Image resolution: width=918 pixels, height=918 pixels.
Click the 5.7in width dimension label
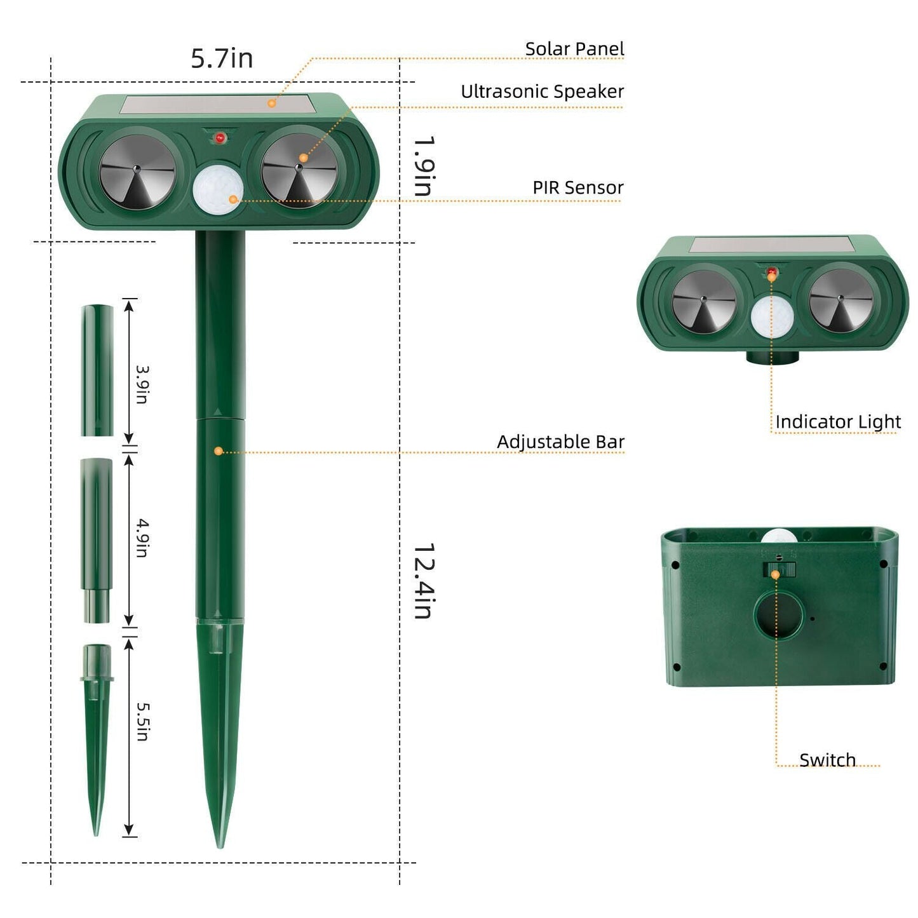222,58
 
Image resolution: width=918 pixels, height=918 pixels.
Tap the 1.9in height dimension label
424,166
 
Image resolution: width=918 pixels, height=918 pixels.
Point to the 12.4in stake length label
424,581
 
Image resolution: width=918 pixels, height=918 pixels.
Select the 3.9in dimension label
142,384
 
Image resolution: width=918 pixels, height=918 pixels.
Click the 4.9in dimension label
142,538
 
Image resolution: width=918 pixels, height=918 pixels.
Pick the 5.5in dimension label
142,722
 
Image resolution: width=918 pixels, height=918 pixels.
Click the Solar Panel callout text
574,48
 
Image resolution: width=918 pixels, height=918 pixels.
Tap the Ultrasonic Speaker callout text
542,91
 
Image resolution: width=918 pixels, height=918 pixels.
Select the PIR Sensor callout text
578,187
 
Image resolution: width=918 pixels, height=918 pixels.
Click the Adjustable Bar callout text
560,442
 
